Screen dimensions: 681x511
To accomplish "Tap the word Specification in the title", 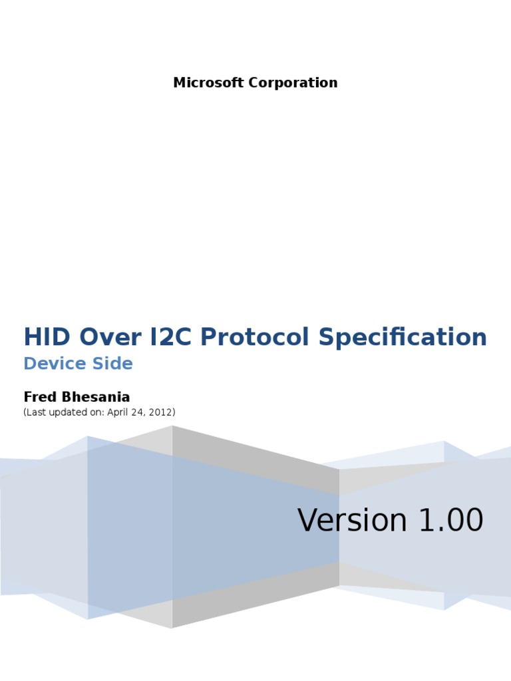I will pyautogui.click(x=403, y=337).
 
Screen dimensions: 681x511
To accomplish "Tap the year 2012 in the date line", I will pyautogui.click(x=160, y=412).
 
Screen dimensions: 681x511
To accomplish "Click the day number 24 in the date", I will pyautogui.click(x=139, y=412).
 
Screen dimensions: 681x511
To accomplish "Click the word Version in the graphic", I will pyautogui.click(x=352, y=520).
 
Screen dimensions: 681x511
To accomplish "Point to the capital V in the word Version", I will pyautogui.click(x=307, y=520).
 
